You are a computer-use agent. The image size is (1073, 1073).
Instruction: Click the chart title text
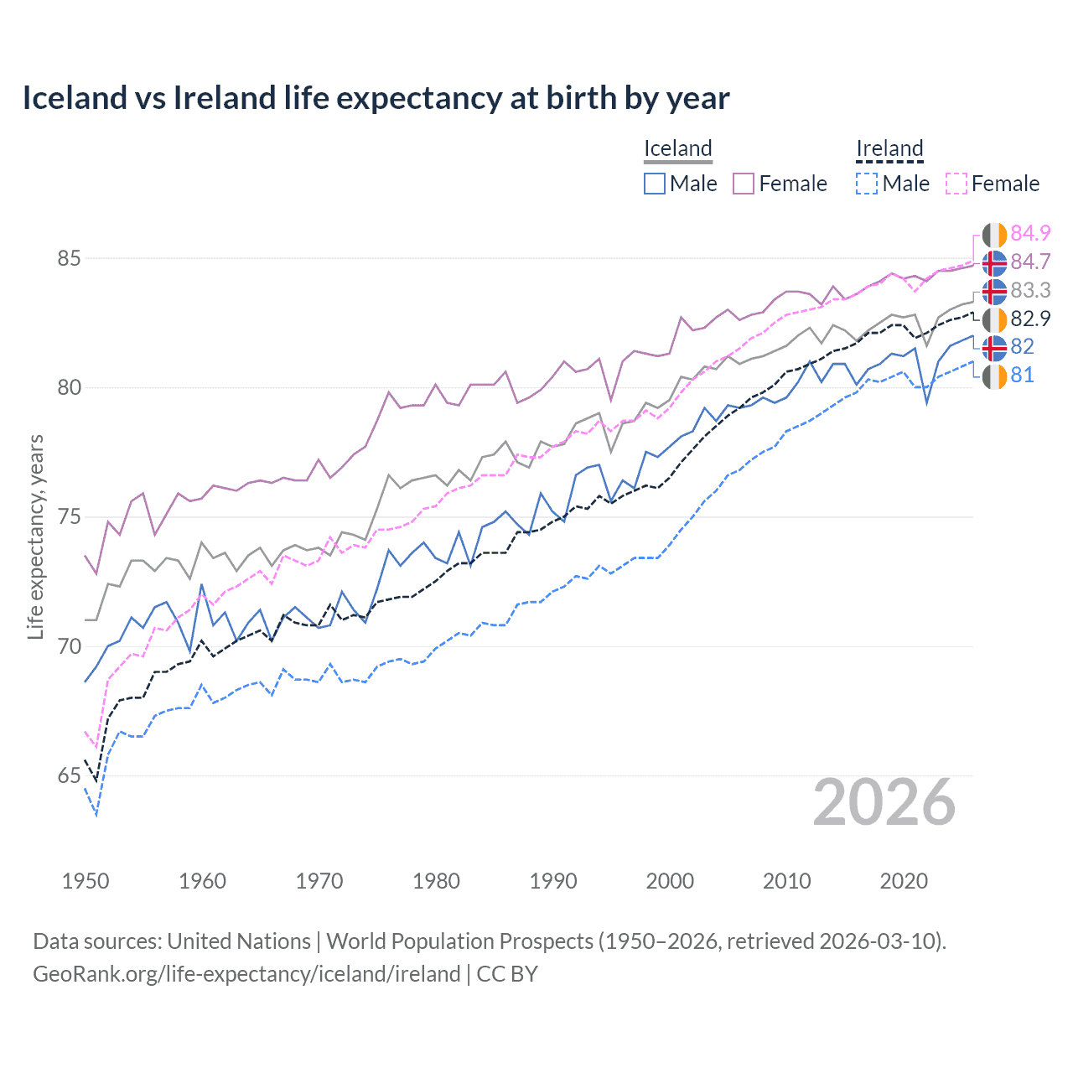point(376,98)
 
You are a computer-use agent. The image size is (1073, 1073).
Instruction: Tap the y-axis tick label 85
point(70,258)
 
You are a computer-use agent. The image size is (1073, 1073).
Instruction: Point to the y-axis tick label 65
point(70,776)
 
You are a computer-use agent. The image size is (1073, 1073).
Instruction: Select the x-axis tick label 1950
point(86,881)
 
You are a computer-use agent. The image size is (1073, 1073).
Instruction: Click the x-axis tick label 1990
point(553,881)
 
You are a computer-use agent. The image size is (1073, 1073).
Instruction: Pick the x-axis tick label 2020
point(904,881)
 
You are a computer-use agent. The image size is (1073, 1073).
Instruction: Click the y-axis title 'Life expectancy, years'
point(35,536)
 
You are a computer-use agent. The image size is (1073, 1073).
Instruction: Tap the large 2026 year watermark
point(884,803)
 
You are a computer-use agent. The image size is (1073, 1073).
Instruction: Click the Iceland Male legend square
point(655,184)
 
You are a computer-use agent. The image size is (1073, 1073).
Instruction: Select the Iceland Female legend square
point(744,184)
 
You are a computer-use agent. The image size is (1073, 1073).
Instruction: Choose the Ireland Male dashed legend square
point(867,184)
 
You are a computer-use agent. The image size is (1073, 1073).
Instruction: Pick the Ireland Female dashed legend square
point(956,184)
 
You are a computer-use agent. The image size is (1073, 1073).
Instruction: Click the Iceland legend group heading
point(677,148)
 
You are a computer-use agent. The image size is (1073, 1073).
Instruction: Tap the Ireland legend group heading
point(889,148)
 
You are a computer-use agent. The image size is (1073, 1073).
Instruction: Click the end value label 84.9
point(1030,233)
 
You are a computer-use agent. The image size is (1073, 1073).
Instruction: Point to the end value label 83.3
point(1030,290)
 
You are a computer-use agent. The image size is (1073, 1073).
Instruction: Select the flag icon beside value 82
point(994,347)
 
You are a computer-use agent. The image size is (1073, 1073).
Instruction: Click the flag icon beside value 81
point(994,376)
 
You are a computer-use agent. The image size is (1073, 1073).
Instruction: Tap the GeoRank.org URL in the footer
point(246,974)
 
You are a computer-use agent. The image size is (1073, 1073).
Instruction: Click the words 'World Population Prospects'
point(459,941)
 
